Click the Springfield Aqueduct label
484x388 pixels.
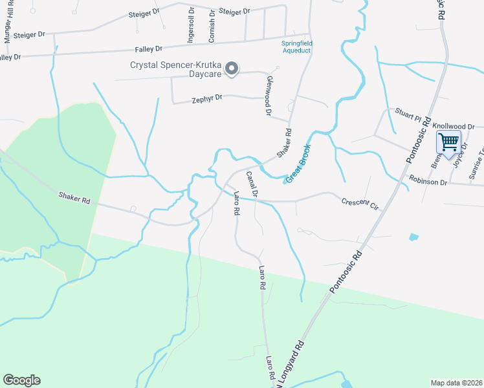click(296, 47)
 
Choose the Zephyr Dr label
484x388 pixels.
click(207, 100)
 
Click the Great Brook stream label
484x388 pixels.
click(298, 162)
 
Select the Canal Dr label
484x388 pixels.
click(252, 185)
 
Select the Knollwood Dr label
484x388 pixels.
click(454, 127)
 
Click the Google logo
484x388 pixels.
click(21, 380)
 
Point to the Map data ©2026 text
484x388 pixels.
click(456, 383)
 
